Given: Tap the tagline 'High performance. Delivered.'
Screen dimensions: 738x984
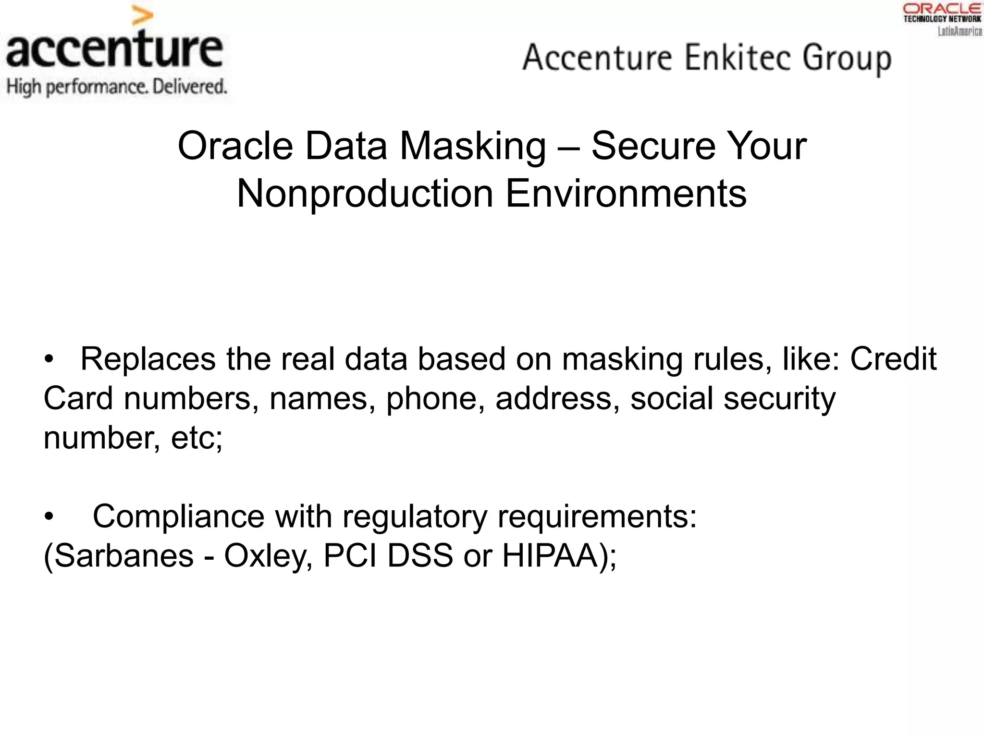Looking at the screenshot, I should [x=116, y=87].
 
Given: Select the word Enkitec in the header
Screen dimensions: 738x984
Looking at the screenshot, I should [x=738, y=58].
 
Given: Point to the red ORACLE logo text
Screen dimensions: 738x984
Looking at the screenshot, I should [x=942, y=8].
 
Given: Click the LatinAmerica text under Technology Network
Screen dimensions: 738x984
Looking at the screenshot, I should [x=959, y=31].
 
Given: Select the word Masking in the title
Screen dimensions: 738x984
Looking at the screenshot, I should [x=473, y=146].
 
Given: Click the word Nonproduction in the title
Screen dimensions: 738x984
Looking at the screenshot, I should [x=365, y=194].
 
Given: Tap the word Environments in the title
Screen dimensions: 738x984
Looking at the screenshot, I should [x=626, y=194].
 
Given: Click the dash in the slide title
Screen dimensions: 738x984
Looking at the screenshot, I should [x=569, y=147].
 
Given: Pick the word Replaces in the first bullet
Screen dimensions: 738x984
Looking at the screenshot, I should [x=148, y=359].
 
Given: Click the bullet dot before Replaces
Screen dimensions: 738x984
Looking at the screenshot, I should [x=48, y=360].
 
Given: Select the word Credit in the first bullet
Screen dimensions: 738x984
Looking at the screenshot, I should [x=893, y=359].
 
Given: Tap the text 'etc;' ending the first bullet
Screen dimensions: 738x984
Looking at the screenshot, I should [x=197, y=438].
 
